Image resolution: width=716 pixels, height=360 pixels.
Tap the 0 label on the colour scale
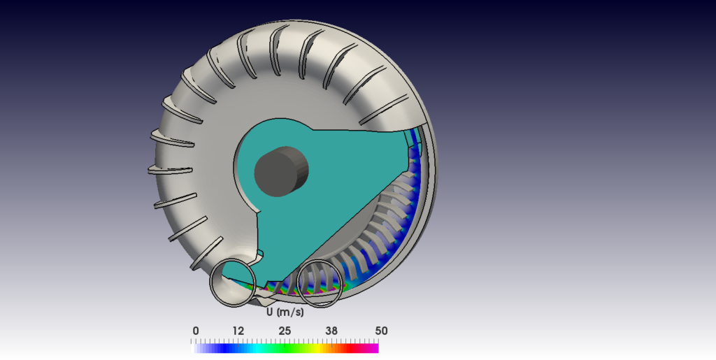click(196, 331)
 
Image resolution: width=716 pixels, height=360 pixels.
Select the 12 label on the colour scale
click(238, 331)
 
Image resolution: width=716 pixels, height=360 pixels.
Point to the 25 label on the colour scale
click(285, 331)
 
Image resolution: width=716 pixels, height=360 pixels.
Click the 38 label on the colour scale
click(331, 331)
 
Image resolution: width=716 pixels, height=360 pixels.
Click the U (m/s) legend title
click(285, 312)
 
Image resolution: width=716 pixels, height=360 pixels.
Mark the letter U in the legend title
click(270, 312)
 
